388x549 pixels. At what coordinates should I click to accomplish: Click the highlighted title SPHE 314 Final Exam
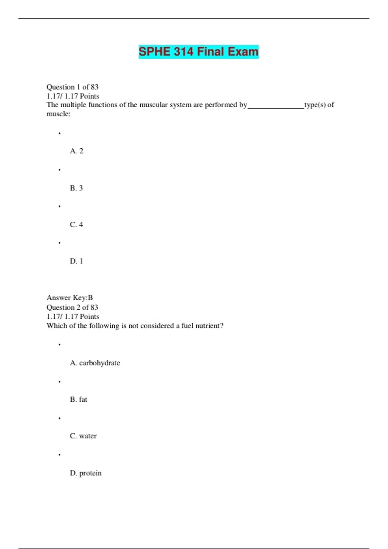tap(199, 52)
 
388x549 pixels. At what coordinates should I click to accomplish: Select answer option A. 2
tap(77, 151)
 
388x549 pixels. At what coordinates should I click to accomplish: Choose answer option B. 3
tap(76, 188)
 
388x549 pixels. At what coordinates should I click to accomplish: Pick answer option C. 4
tap(76, 224)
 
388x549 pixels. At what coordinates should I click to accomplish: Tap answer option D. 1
tap(76, 261)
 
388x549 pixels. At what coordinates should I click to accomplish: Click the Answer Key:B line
tap(70, 297)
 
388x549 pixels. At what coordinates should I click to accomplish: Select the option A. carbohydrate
tap(95, 363)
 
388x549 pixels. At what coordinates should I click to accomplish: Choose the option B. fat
tap(79, 399)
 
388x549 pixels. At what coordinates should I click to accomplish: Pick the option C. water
tap(83, 436)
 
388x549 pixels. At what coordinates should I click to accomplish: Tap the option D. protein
tap(86, 473)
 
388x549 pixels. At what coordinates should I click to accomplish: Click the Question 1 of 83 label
tap(72, 87)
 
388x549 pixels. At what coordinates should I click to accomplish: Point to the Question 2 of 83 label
tap(72, 307)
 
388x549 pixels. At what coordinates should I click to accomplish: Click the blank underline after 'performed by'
tap(276, 107)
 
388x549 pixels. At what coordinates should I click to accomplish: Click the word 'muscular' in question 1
tap(154, 105)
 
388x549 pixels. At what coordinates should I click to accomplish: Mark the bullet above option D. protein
tap(59, 455)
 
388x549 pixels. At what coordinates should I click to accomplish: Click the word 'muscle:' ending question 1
tap(59, 114)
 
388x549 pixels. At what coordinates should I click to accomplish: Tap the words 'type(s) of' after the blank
tap(319, 105)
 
